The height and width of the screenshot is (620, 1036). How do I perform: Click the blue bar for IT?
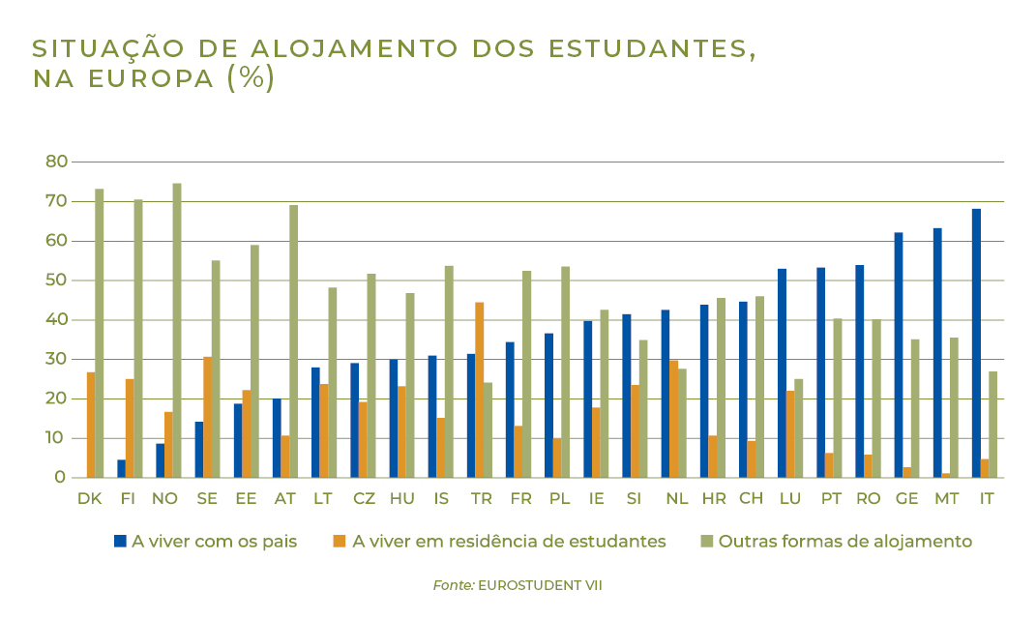click(976, 343)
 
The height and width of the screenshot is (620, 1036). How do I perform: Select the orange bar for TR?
click(479, 390)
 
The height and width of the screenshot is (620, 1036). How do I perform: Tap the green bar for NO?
click(177, 331)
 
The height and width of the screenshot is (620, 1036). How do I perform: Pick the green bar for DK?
click(100, 333)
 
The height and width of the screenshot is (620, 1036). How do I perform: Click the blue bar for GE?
click(899, 355)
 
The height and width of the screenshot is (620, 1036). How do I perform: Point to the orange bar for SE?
click(207, 417)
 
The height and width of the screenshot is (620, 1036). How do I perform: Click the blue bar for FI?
click(121, 468)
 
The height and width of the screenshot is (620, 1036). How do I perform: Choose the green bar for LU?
click(798, 428)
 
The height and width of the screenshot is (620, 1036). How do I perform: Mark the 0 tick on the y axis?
click(60, 478)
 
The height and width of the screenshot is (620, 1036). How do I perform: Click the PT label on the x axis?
click(831, 499)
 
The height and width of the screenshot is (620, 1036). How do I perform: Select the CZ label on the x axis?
click(364, 499)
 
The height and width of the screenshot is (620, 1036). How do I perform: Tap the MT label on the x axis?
click(946, 499)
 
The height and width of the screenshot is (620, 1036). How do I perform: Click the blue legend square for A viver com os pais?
click(120, 542)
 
